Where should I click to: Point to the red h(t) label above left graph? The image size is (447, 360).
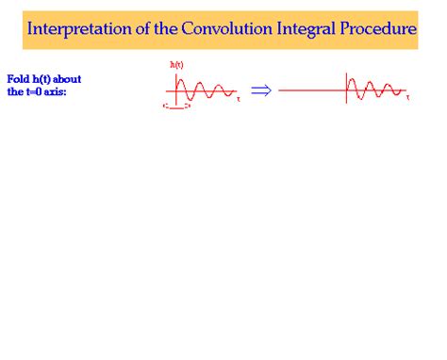(x=176, y=64)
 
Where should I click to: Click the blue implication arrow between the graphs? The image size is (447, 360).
(x=260, y=90)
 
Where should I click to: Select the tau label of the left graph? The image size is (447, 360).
(x=239, y=98)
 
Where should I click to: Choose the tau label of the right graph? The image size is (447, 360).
(x=407, y=98)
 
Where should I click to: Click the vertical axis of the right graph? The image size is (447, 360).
(x=346, y=88)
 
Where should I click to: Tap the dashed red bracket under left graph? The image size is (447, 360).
(x=176, y=106)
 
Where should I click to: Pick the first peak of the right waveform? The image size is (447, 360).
(x=353, y=79)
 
